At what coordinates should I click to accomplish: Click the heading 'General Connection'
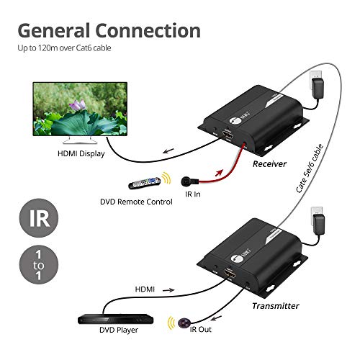109,30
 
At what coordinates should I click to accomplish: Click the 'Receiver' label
270,163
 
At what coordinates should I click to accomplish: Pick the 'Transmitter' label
276,305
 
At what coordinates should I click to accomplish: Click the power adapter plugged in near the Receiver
317,87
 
